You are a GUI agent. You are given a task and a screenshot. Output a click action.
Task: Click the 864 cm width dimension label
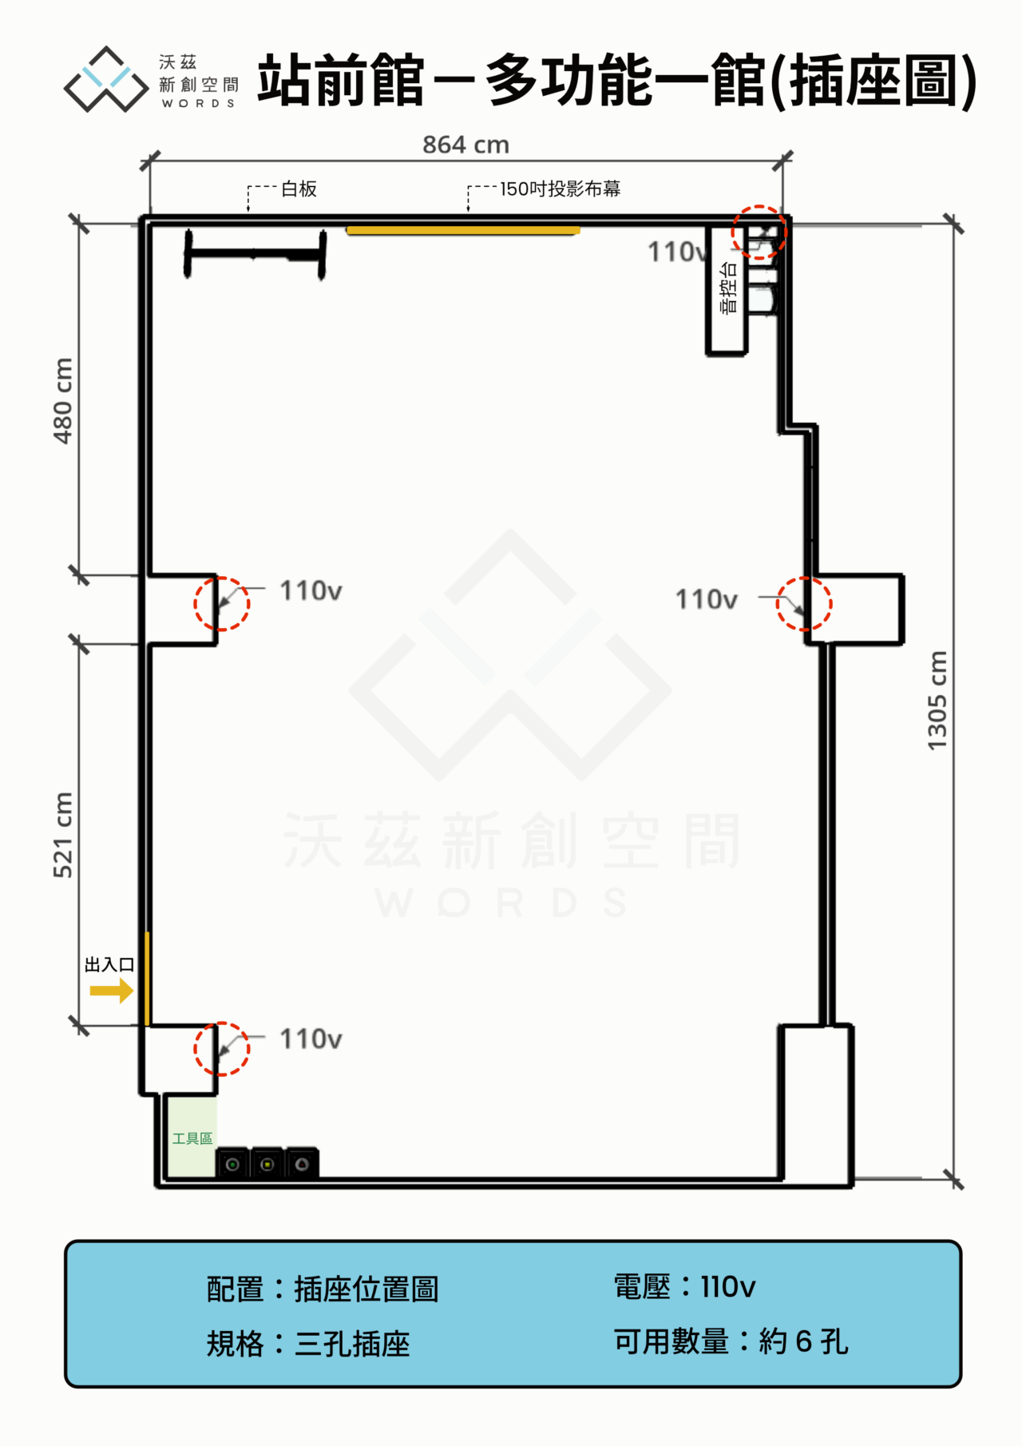[465, 145]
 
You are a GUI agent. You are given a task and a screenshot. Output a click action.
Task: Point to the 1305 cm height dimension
[937, 701]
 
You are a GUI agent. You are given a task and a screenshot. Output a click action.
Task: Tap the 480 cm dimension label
[63, 400]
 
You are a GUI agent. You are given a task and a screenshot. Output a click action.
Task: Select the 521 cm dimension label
[63, 835]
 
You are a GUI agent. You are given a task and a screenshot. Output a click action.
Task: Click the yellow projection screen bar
[463, 231]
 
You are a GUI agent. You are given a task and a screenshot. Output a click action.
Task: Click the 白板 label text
[299, 189]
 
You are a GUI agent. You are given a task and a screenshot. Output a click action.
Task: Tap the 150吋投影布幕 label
[561, 189]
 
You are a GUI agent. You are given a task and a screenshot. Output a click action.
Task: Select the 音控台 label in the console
[728, 288]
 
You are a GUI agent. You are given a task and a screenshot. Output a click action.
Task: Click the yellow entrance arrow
[111, 991]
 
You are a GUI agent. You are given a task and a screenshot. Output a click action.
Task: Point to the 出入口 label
[109, 964]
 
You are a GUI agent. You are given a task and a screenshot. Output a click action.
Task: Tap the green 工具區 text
[192, 1138]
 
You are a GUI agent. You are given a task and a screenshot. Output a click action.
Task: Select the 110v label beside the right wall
[707, 599]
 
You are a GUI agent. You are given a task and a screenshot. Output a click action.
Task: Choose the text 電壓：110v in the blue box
[684, 1287]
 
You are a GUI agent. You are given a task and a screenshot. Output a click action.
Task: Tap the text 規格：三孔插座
[308, 1344]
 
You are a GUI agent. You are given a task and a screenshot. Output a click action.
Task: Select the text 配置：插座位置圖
[323, 1289]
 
